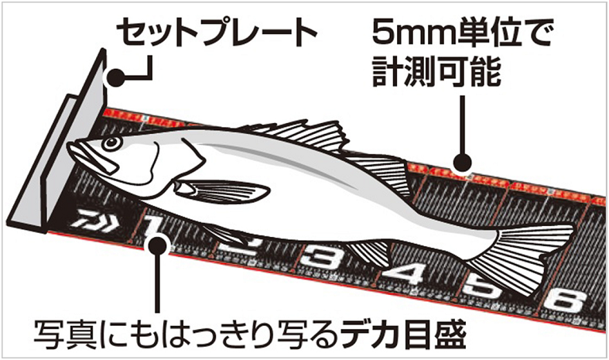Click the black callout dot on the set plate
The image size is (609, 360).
[x=115, y=77]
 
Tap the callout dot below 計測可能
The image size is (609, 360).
[x=462, y=163]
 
